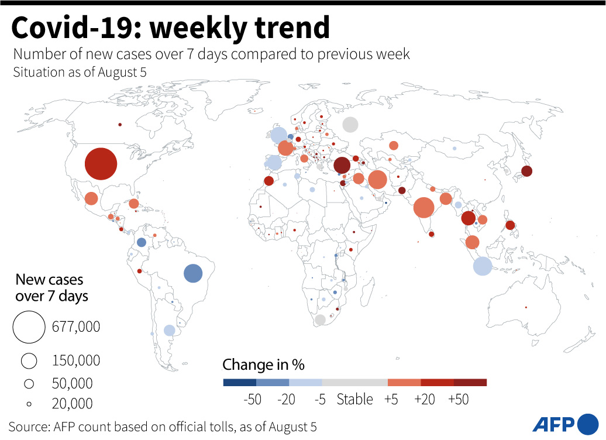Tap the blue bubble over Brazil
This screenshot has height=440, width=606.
click(193, 273)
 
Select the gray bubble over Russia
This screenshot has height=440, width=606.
click(350, 125)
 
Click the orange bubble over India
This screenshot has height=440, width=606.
click(423, 207)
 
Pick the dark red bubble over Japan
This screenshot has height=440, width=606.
click(526, 171)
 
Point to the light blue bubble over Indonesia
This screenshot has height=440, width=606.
click(483, 266)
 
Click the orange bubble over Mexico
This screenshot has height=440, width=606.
click(91, 198)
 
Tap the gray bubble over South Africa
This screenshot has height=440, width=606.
click(320, 320)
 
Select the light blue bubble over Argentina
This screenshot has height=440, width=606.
click(169, 330)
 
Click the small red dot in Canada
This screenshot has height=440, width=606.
click(119, 125)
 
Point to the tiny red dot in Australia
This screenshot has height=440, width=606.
click(526, 307)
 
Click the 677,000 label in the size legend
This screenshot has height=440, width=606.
click(76, 326)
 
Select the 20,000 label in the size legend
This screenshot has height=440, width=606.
click(72, 403)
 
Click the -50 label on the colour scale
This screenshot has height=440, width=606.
click(252, 400)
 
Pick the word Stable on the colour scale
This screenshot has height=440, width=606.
click(354, 400)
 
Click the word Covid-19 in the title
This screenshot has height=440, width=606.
click(80, 27)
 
